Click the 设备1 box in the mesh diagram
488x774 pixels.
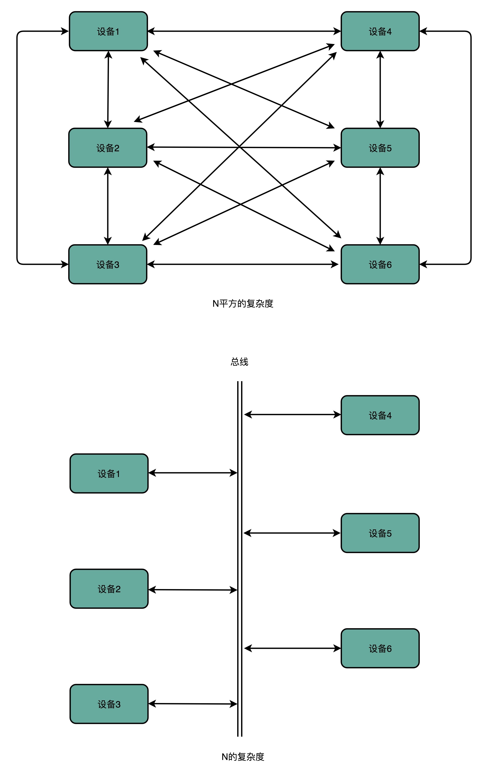click(x=108, y=31)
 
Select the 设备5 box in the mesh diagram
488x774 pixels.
click(x=380, y=148)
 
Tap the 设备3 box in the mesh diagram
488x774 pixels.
click(x=107, y=264)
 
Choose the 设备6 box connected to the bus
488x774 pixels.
click(x=380, y=648)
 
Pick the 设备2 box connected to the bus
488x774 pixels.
click(x=109, y=589)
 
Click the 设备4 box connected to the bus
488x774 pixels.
click(x=380, y=415)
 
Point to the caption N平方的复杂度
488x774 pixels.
click(x=243, y=303)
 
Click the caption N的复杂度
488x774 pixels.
click(x=243, y=757)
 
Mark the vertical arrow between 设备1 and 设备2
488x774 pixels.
click(x=108, y=89)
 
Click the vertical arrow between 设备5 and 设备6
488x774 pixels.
click(x=380, y=206)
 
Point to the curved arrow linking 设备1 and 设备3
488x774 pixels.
click(x=17, y=148)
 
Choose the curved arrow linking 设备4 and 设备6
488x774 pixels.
click(x=471, y=148)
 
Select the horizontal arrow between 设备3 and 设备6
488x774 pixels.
click(x=243, y=264)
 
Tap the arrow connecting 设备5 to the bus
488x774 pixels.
click(x=292, y=533)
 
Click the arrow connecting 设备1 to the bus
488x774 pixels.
click(x=192, y=473)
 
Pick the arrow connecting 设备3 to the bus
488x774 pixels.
click(x=192, y=704)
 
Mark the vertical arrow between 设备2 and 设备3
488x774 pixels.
click(x=108, y=206)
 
